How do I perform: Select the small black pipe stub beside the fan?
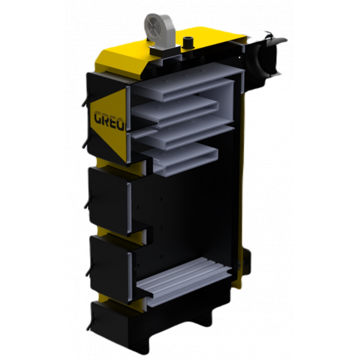pyautogui.click(x=187, y=42)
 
